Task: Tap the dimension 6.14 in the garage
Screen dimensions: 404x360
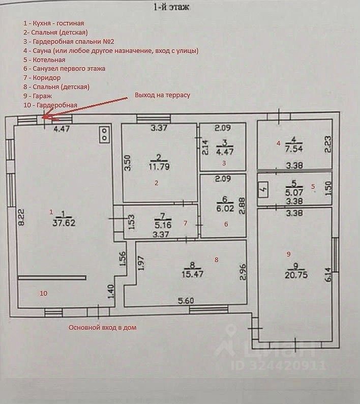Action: [x=328, y=275]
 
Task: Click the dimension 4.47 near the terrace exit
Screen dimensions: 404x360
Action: [x=62, y=129]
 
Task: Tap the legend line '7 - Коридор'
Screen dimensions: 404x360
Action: [x=42, y=78]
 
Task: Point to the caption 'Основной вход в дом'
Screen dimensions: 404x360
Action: [x=102, y=328]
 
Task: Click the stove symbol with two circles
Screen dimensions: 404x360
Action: [x=105, y=133]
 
